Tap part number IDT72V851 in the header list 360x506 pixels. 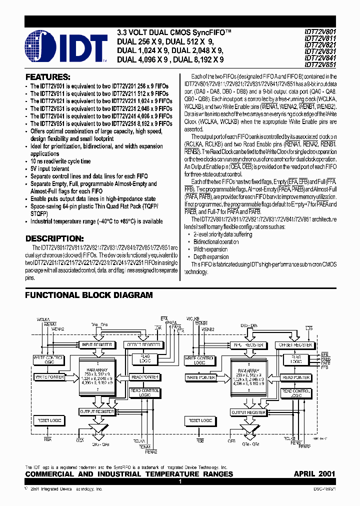320,63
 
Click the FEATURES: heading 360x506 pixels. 47,77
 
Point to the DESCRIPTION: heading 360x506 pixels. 54,238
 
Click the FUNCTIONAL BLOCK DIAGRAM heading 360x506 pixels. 89,295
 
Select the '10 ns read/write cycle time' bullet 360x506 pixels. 60,161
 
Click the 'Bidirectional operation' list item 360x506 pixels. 216,241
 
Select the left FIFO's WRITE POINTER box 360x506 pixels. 48,376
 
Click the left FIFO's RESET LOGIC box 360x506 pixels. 48,421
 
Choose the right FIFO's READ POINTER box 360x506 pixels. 295,377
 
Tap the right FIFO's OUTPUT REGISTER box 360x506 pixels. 248,412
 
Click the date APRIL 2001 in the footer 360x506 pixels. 314,473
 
